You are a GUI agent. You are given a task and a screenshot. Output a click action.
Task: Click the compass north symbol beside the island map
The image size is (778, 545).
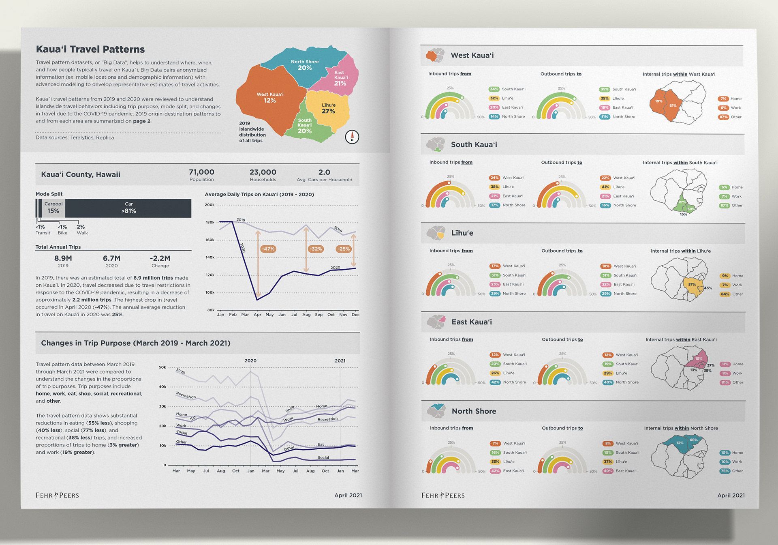[352, 137]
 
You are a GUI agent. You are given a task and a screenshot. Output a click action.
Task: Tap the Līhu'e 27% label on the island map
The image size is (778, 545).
[328, 108]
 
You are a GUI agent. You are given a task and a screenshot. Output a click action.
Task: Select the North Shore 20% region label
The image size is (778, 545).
[305, 65]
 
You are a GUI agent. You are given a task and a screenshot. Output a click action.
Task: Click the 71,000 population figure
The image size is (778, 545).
[201, 172]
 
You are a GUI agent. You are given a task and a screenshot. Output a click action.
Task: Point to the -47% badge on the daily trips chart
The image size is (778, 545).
[268, 249]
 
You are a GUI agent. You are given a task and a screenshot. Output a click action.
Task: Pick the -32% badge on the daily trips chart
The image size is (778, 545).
[315, 249]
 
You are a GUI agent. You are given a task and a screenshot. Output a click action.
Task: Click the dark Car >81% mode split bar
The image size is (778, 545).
[128, 208]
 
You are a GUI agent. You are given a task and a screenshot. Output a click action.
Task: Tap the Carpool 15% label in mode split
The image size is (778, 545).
[53, 208]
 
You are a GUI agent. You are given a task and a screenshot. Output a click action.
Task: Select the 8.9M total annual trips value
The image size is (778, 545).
[63, 258]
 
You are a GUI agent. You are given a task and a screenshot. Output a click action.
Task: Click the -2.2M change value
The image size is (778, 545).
[160, 258]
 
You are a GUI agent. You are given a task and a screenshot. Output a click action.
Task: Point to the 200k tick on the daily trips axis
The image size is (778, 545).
[209, 205]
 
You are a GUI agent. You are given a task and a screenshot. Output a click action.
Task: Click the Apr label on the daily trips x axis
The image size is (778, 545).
[257, 315]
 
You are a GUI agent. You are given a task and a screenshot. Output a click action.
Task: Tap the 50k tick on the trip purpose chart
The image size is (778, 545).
[162, 367]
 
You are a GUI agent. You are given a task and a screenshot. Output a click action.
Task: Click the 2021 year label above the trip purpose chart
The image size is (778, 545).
[340, 360]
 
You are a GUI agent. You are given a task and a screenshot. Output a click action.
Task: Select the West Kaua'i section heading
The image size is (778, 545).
[472, 56]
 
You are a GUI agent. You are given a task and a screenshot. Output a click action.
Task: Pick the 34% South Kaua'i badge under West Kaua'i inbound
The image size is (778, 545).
[494, 89]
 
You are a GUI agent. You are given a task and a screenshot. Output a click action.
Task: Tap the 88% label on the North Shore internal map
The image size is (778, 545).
[694, 440]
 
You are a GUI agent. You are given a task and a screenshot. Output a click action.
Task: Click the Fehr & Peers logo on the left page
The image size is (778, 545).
[57, 495]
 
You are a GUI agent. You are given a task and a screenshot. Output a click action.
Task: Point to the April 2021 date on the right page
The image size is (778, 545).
[731, 495]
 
